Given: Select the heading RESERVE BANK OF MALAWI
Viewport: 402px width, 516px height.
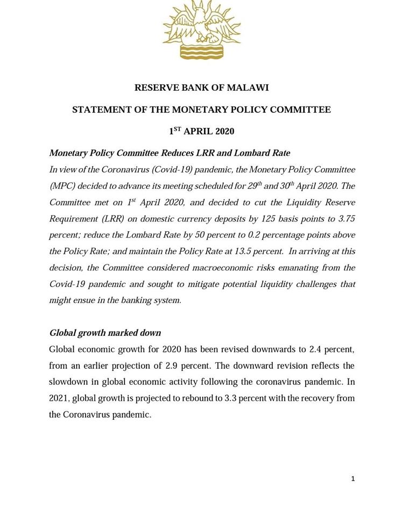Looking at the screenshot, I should [x=201, y=88].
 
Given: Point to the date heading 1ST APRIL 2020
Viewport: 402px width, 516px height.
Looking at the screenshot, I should [x=201, y=131].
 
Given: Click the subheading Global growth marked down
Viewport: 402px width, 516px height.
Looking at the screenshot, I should [x=97, y=333].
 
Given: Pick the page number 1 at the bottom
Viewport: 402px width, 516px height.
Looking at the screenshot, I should [x=353, y=478].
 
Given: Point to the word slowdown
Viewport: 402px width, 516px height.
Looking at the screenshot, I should [x=67, y=382].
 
